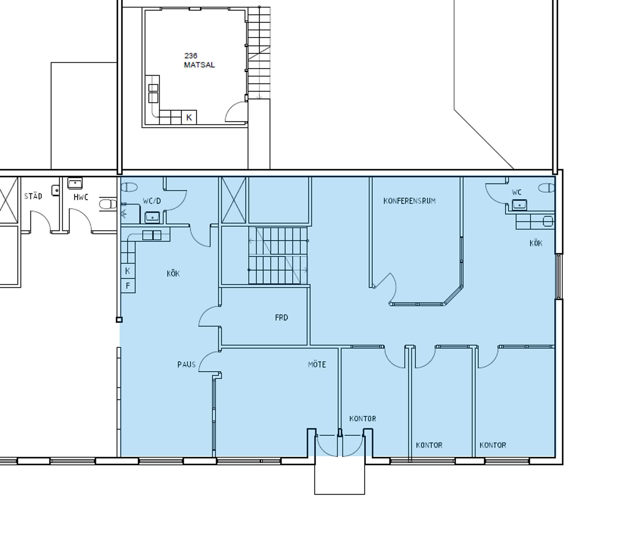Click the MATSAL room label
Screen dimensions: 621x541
click(x=199, y=65)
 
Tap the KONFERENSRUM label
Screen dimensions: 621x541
click(x=410, y=201)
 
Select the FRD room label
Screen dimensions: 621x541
click(x=281, y=317)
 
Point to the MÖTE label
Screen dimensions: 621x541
click(x=317, y=364)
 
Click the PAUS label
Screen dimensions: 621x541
click(x=187, y=364)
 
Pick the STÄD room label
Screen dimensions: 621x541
click(x=33, y=196)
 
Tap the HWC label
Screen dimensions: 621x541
click(x=81, y=197)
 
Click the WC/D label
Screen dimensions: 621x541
click(x=152, y=201)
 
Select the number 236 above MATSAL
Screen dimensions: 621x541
click(x=190, y=56)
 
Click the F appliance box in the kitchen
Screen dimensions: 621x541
click(x=128, y=286)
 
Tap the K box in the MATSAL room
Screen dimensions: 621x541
click(x=189, y=117)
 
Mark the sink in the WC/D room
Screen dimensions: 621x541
click(x=152, y=217)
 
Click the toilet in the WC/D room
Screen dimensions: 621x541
click(x=129, y=187)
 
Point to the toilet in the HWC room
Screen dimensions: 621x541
click(x=108, y=204)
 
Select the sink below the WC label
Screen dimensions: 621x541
click(x=519, y=205)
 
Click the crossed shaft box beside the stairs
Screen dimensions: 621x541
click(x=234, y=200)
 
